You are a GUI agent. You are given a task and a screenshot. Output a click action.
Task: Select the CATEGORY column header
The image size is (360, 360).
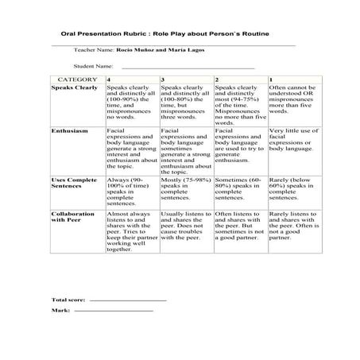[77, 80]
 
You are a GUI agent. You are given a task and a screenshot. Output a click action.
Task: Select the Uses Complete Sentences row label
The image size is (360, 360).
[74, 184]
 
